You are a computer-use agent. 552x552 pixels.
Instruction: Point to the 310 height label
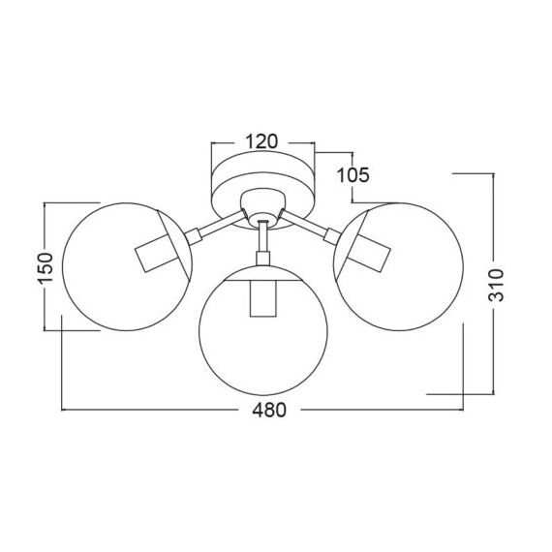pyautogui.click(x=495, y=284)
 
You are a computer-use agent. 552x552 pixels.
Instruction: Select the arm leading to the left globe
pyautogui.click(x=213, y=228)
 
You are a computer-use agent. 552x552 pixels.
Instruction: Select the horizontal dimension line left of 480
pyautogui.click(x=155, y=411)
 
